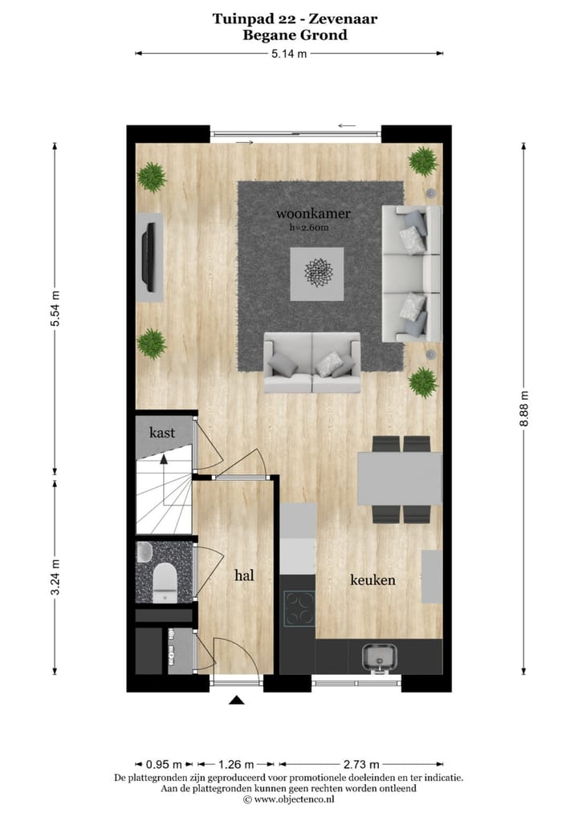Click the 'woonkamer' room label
coord(309,214)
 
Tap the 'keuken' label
coord(372,579)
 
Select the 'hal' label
coord(245,575)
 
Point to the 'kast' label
coord(162,433)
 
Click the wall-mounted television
coord(148,257)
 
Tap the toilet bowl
coord(165,579)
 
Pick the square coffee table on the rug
coord(317,274)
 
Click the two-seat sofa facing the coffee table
coord(312,364)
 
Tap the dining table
coord(399,479)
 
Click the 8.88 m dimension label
coord(524,409)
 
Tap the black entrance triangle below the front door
coord(236,701)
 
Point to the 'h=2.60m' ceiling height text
coord(309,228)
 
